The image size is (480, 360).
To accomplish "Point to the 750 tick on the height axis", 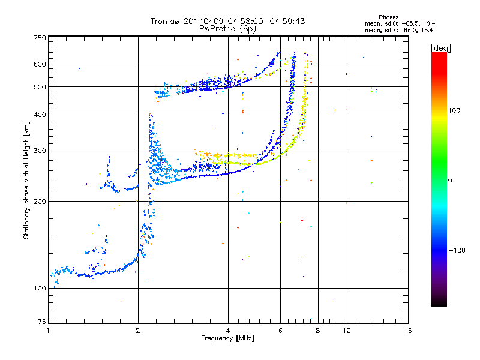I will click(40, 37).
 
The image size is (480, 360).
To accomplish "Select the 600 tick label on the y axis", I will click(40, 64).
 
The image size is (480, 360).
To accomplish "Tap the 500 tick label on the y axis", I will click(40, 86).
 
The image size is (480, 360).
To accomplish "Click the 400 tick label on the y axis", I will click(40, 115).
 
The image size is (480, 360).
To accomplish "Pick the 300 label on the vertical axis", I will click(40, 151).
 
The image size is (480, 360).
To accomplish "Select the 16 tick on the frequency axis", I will click(408, 331).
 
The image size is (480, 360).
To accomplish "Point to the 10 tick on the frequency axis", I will click(346, 331).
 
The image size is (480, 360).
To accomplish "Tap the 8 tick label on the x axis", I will click(318, 331).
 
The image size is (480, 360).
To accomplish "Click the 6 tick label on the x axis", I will click(280, 331).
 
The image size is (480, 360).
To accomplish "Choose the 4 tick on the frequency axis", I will click(228, 331).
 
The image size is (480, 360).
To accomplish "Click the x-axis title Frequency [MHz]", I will click(227, 338).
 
